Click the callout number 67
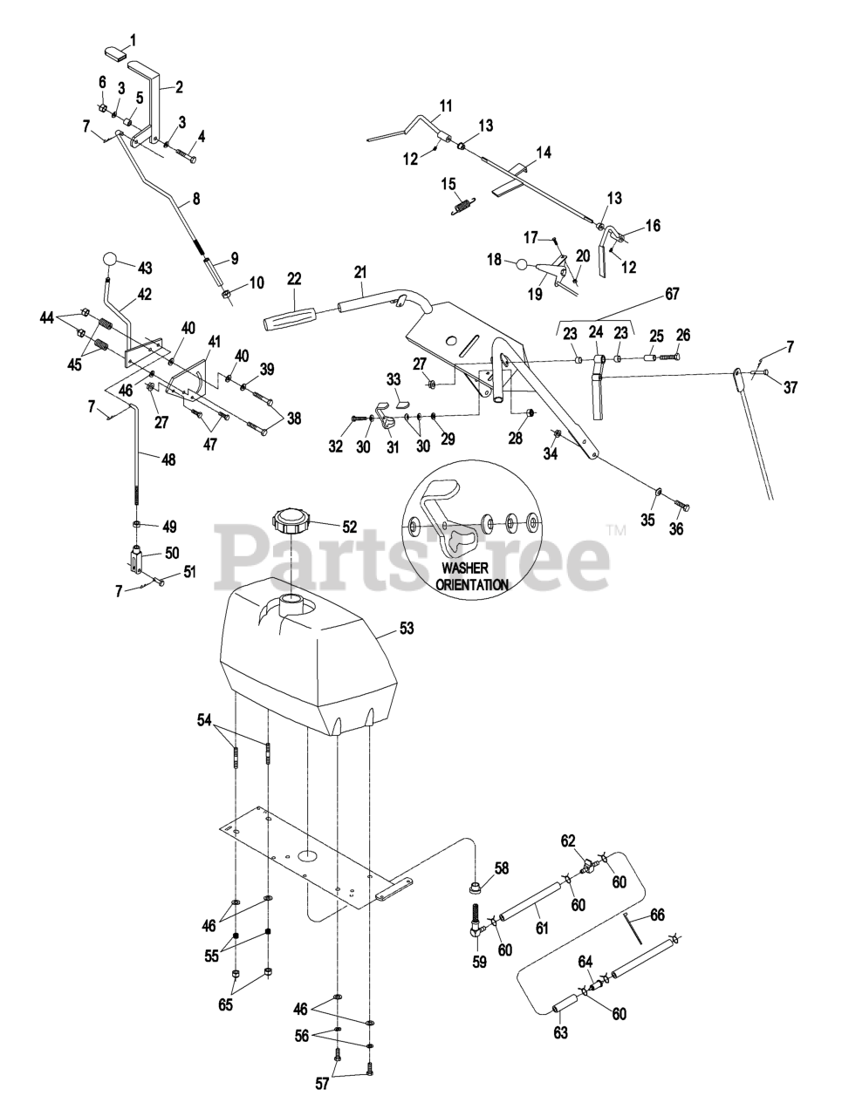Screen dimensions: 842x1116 [671, 295]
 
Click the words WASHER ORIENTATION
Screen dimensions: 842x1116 [472, 577]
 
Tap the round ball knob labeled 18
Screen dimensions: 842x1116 [521, 264]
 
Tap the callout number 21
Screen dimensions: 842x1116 [361, 272]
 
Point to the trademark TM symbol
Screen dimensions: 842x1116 [616, 529]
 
